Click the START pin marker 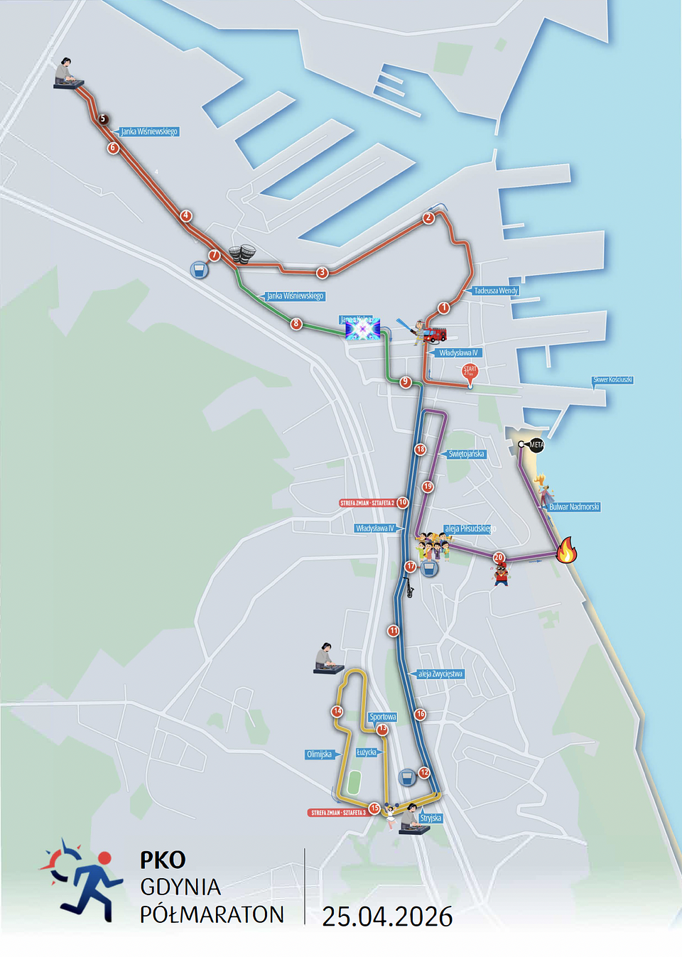[x=470, y=371]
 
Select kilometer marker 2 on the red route [x=428, y=217]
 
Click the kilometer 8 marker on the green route [x=296, y=324]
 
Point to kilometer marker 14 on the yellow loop [x=337, y=711]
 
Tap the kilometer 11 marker [x=394, y=631]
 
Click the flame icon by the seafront [x=566, y=551]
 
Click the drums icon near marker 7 [x=242, y=254]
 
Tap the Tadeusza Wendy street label [x=496, y=291]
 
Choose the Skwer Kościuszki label [x=612, y=380]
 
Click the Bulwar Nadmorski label [x=574, y=507]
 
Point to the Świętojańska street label [x=466, y=454]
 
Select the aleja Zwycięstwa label [x=440, y=674]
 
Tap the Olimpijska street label [x=319, y=755]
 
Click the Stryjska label [x=431, y=818]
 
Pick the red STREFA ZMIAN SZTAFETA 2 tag [x=367, y=503]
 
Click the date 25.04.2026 [x=387, y=917]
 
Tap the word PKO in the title [x=163, y=860]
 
